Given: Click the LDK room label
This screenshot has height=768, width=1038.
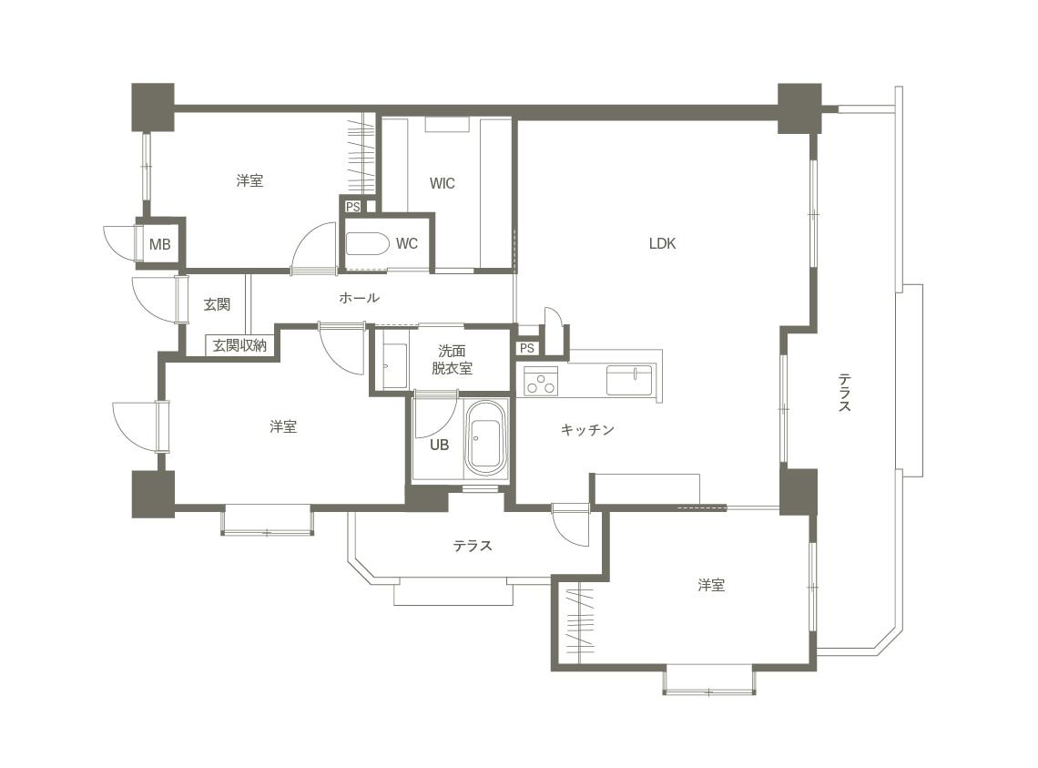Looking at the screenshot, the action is tap(662, 244).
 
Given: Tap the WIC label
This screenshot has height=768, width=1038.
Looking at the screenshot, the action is tap(443, 183).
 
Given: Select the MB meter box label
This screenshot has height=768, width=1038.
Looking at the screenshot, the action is tap(159, 244).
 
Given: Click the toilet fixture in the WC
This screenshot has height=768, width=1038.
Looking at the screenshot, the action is tap(367, 243).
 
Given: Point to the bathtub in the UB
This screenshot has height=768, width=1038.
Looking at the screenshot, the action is tap(486, 438).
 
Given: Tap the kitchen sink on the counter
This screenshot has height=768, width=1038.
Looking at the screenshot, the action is tap(629, 380).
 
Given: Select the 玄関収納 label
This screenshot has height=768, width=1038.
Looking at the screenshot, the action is tap(239, 345).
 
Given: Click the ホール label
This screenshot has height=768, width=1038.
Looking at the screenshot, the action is tap(359, 298).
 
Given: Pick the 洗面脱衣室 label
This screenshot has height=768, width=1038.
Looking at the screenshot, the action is tap(453, 360).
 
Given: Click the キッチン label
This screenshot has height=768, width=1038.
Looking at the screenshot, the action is tap(587, 430).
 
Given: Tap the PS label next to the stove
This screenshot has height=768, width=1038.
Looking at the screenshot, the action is tap(527, 349).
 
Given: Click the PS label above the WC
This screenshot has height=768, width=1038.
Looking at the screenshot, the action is tap(353, 207).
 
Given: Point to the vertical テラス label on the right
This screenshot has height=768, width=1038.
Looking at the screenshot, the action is tap(845, 393).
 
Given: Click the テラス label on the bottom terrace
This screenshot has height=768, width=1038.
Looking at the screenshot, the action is tap(473, 546).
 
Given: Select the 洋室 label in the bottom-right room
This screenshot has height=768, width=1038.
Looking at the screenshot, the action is tap(711, 585).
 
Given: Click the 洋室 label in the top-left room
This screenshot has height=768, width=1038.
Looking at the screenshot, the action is tap(249, 180).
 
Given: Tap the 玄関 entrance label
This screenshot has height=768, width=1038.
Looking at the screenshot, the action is tap(217, 305).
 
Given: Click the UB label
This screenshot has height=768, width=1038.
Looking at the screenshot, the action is tap(440, 445).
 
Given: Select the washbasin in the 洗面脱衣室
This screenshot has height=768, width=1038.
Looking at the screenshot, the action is tap(395, 365).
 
